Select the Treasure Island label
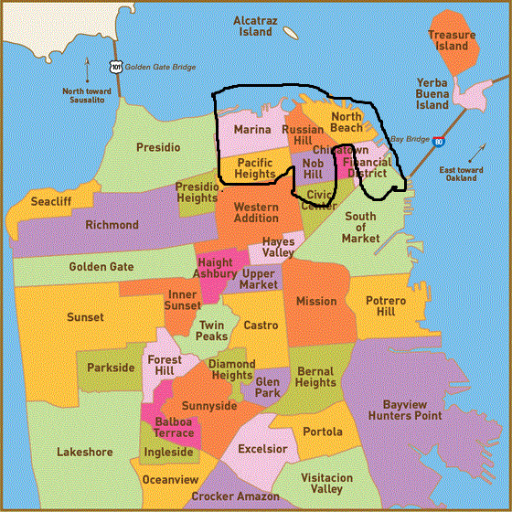click(452, 40)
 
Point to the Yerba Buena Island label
click(432, 93)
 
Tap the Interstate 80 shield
click(439, 142)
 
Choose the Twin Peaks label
click(212, 331)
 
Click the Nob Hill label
click(313, 168)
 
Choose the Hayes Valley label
click(279, 247)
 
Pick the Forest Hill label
click(165, 366)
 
